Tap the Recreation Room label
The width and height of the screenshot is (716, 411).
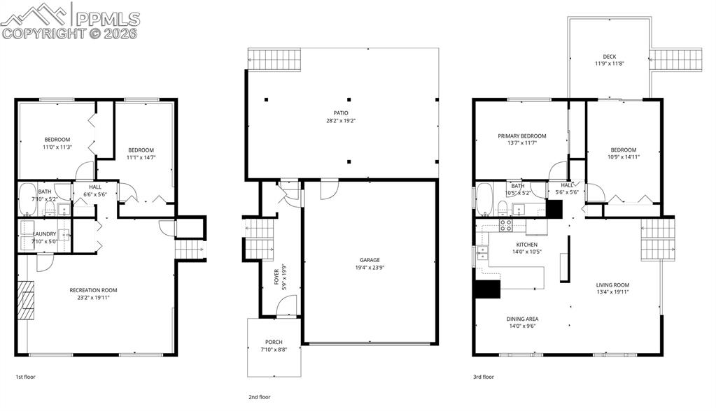[93, 290]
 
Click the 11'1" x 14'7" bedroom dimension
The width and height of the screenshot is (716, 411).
[140, 158]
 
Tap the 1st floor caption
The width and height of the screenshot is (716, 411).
[25, 377]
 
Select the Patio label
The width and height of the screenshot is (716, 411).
[341, 113]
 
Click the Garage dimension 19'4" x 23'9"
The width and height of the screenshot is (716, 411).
[370, 268]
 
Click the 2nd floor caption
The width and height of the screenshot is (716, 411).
[259, 397]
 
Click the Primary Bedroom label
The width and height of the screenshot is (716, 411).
[521, 136]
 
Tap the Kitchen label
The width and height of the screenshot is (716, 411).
[526, 245]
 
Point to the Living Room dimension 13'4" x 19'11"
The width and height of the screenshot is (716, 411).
[612, 292]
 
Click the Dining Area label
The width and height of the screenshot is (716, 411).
[522, 319]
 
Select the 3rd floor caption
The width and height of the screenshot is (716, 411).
[483, 377]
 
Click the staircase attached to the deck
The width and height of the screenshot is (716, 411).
[678, 60]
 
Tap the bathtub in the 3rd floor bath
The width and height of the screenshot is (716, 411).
[484, 199]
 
